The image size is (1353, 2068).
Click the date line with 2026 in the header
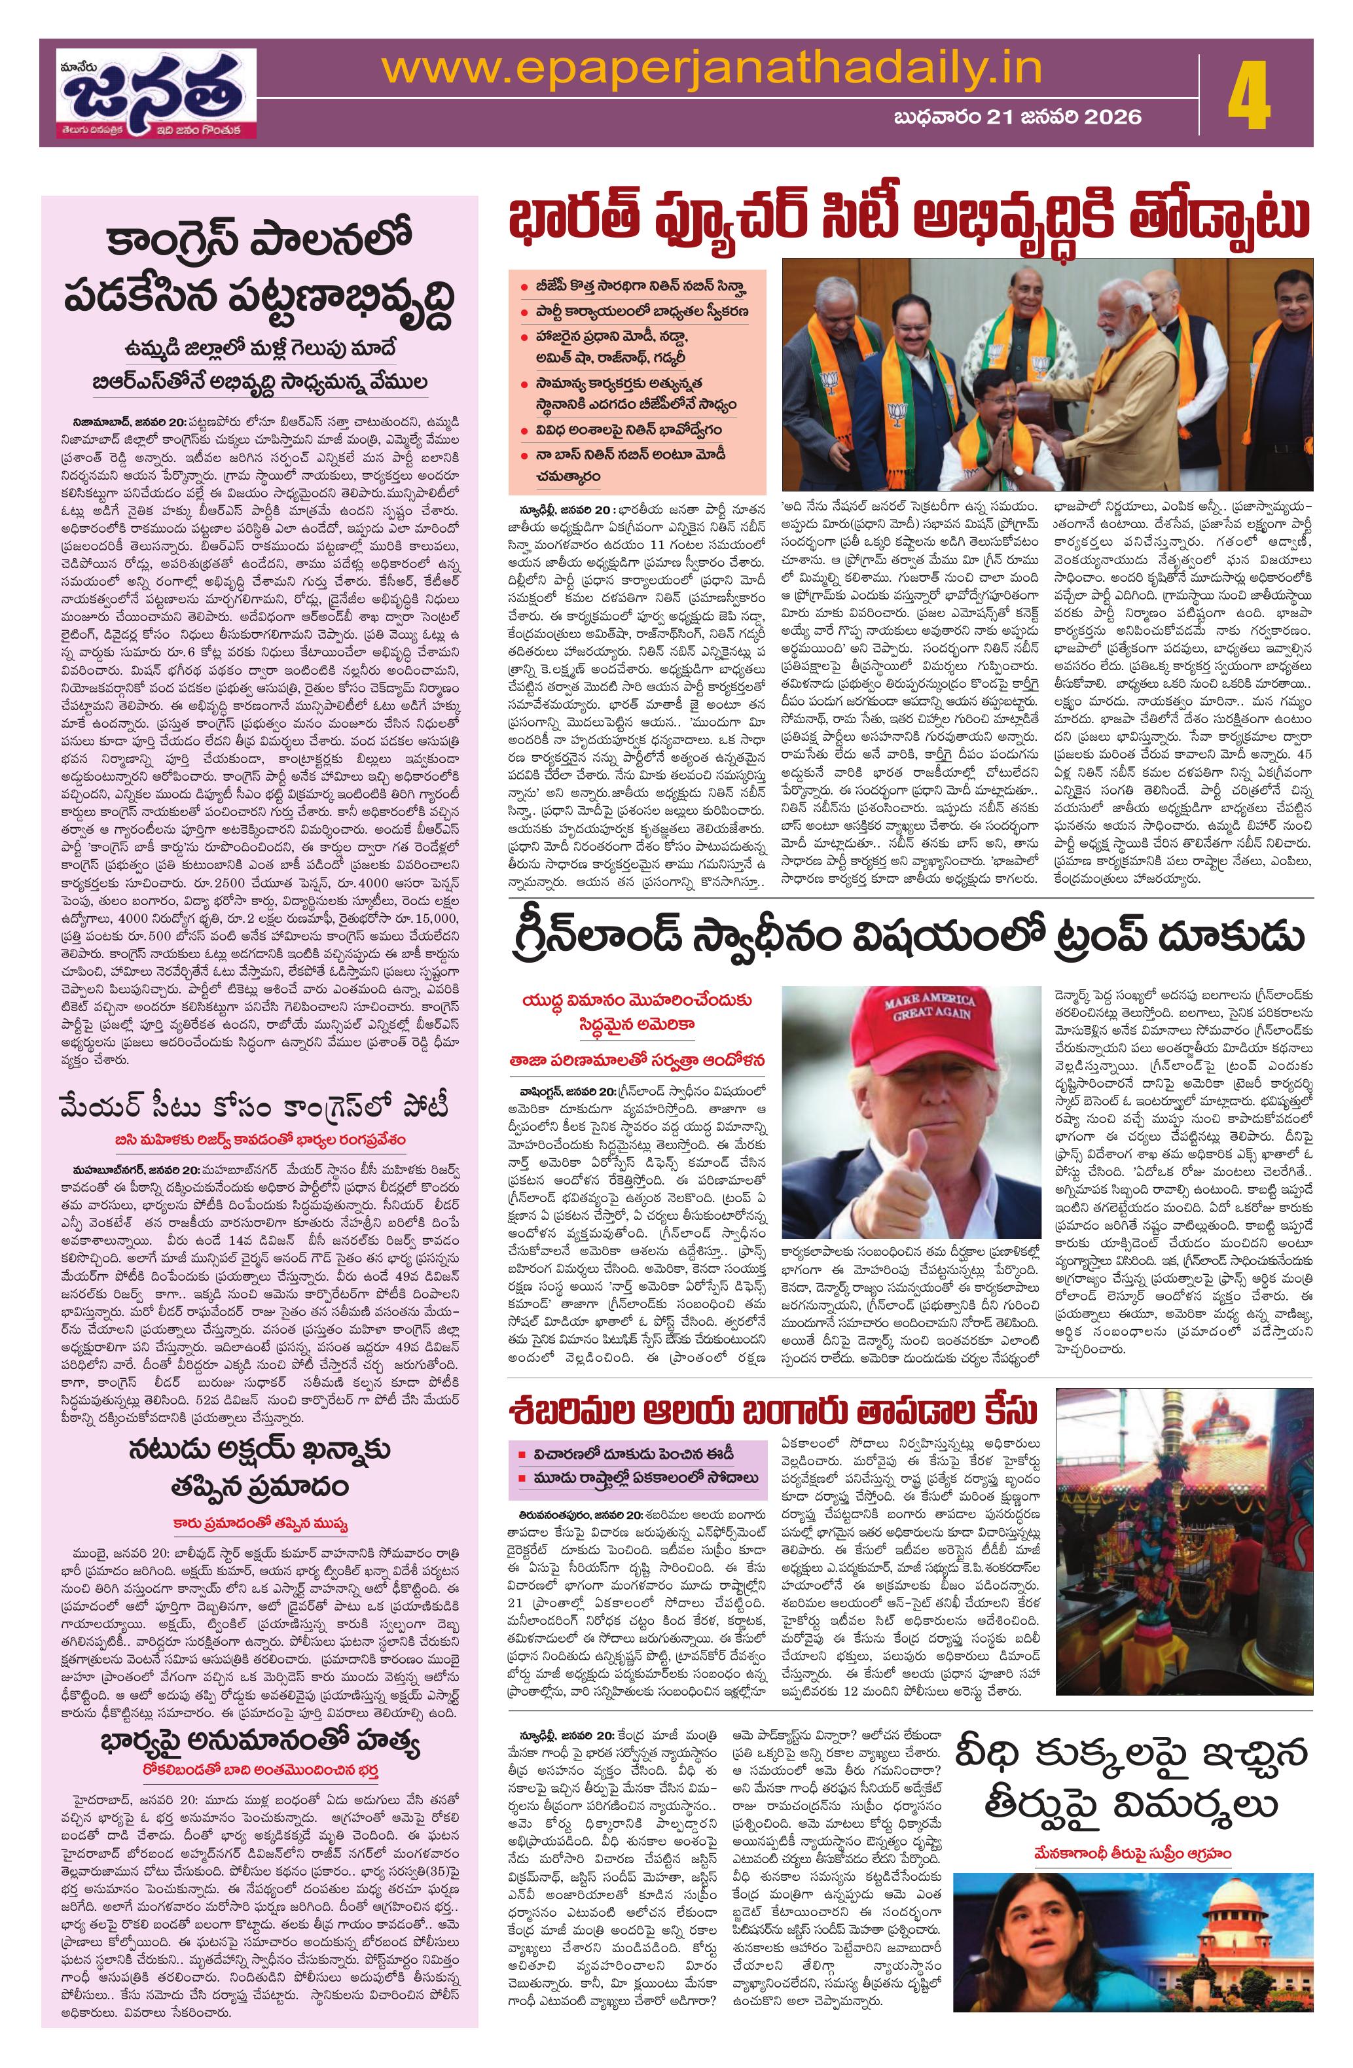click(x=1017, y=116)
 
